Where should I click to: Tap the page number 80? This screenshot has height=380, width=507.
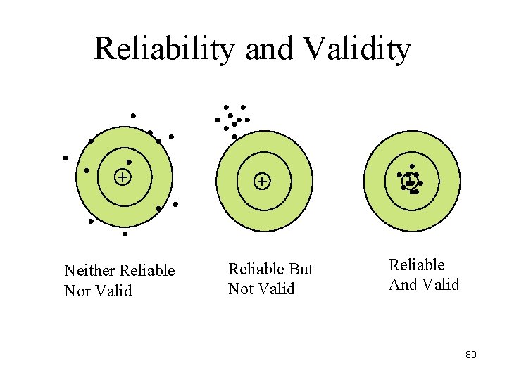(471, 355)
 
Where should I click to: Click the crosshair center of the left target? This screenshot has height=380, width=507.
(123, 177)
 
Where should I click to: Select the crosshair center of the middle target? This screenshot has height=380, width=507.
(261, 182)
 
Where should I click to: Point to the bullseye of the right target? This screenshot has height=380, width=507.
(409, 182)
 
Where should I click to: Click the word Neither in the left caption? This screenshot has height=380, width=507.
(90, 271)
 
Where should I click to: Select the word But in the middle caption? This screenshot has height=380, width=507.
(301, 270)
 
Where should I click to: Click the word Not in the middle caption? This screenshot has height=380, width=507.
(242, 289)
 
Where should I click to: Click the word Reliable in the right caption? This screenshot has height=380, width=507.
(417, 265)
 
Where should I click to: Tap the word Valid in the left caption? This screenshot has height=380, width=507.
(115, 291)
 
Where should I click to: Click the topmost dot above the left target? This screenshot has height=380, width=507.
(133, 115)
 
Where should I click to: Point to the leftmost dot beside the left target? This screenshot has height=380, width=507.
(65, 158)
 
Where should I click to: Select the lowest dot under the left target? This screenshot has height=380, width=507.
(125, 234)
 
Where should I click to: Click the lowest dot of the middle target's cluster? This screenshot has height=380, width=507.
(234, 137)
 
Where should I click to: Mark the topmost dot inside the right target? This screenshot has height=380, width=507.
(412, 167)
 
